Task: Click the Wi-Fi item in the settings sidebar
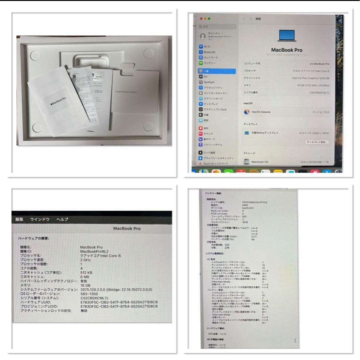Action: pyautogui.click(x=207, y=47)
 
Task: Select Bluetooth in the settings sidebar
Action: pyautogui.click(x=209, y=52)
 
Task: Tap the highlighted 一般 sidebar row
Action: pyautogui.click(x=217, y=71)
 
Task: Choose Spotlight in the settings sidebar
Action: pyautogui.click(x=209, y=82)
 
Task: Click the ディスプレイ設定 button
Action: pyautogui.click(x=317, y=142)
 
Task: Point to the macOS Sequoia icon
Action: pyautogui.click(x=247, y=112)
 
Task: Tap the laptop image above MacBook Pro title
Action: pyautogui.click(x=287, y=35)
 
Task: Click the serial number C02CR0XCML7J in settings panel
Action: pyautogui.click(x=319, y=93)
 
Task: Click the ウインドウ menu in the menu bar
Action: pyautogui.click(x=40, y=219)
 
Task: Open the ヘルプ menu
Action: pyautogui.click(x=62, y=219)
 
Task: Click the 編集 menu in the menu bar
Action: pyautogui.click(x=19, y=219)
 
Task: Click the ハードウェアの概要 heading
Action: pyautogui.click(x=34, y=238)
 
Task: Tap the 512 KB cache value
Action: pyautogui.click(x=86, y=272)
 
